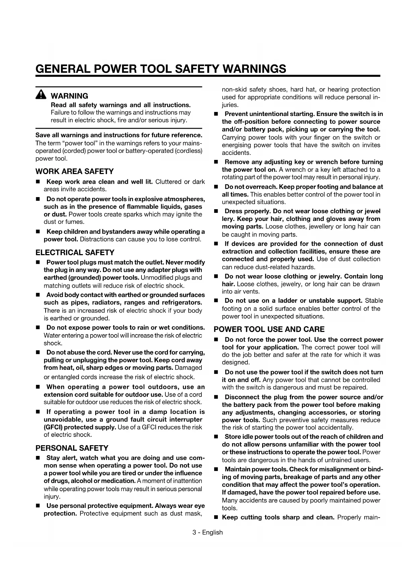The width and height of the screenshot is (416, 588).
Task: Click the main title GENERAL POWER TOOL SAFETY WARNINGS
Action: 161,69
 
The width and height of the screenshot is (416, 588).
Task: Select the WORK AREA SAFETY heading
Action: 74,171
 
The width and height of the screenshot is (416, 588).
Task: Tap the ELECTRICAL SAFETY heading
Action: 75,252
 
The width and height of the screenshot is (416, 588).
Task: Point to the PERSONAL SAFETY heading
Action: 72,448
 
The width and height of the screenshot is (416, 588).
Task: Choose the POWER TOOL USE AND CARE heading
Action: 269,329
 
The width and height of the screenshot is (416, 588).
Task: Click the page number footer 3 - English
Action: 207,532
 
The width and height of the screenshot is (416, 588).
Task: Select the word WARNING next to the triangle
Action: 69,96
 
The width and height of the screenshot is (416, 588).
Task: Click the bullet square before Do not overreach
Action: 216,187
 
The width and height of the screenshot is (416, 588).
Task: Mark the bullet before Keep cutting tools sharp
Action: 216,517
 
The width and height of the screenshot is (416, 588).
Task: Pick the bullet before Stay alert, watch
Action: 38,458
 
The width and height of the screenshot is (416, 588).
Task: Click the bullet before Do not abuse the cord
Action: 38,353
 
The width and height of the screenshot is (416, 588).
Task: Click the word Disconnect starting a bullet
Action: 241,397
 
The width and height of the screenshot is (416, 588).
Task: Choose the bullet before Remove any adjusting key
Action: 216,162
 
